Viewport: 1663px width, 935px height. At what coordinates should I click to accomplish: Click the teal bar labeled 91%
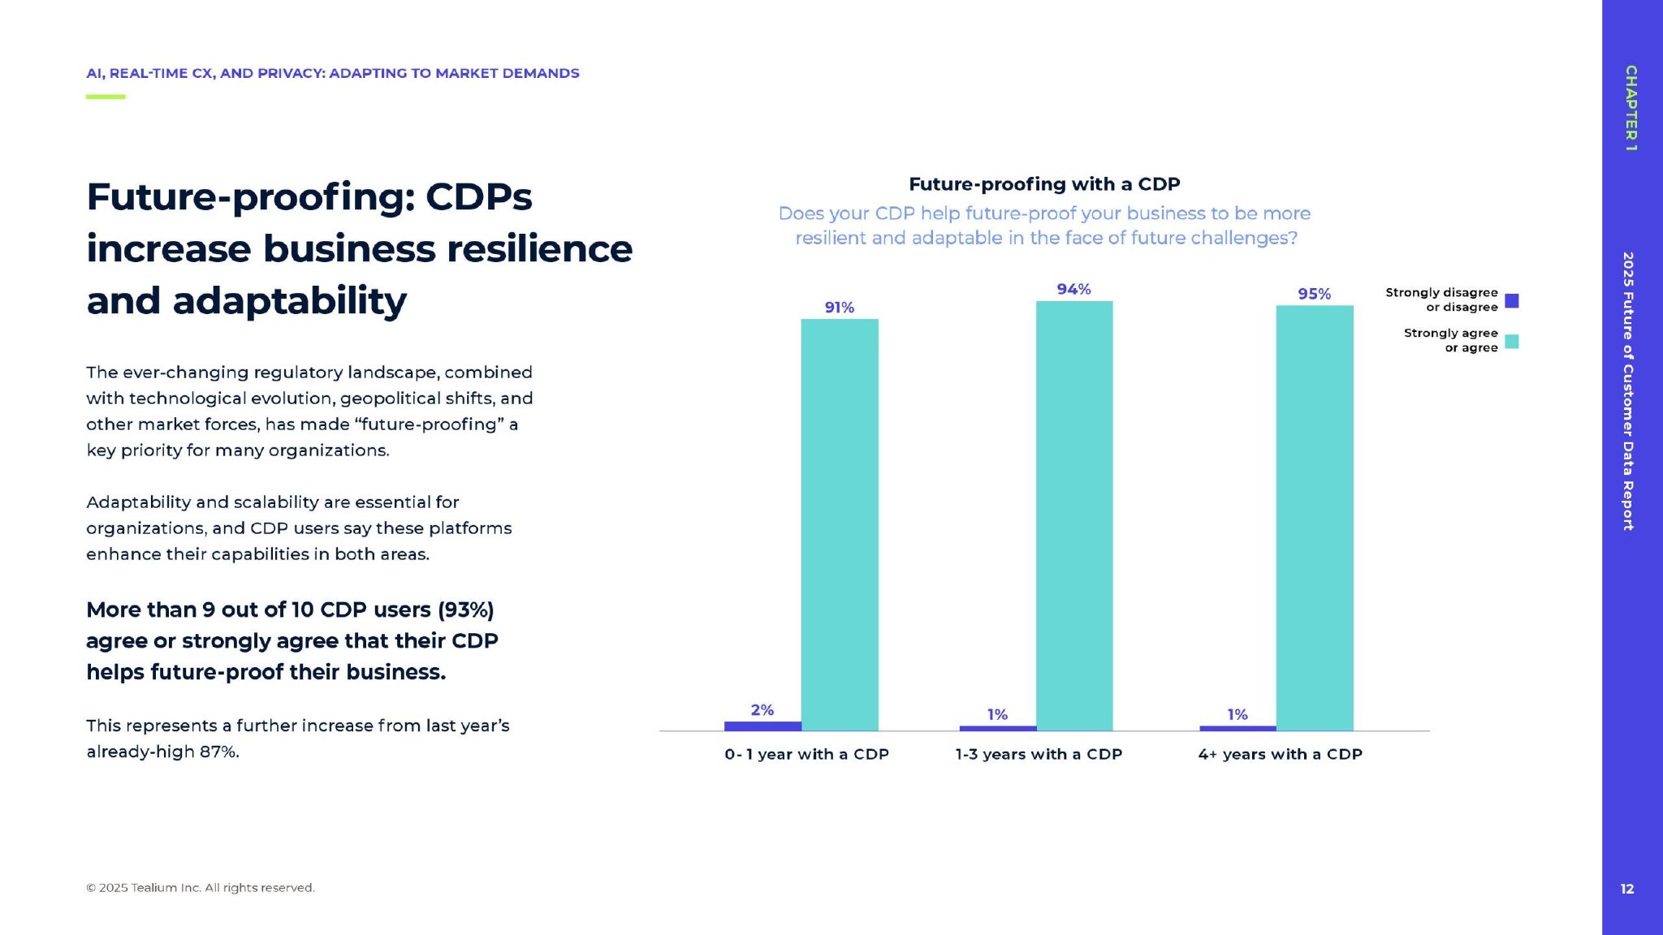[x=840, y=524]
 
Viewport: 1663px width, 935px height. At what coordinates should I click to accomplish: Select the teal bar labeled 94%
[x=1074, y=515]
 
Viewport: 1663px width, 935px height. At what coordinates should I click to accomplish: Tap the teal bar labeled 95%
[x=1315, y=518]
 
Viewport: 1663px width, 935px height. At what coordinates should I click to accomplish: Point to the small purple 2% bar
[x=762, y=726]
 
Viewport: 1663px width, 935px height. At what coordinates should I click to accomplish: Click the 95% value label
[x=1314, y=294]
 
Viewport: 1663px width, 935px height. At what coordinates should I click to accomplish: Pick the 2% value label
[x=762, y=710]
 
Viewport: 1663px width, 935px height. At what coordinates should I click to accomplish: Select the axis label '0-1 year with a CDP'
[x=806, y=754]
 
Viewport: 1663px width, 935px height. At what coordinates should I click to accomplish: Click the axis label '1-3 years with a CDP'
[x=1039, y=754]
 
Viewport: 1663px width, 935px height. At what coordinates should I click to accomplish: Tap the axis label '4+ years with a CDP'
[x=1280, y=754]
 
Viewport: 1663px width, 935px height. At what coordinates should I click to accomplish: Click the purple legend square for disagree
[x=1512, y=300]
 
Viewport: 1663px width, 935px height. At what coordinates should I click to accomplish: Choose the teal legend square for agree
[x=1512, y=341]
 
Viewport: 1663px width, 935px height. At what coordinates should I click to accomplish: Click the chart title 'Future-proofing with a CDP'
[x=1044, y=184]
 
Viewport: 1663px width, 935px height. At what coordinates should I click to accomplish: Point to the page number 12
[x=1627, y=889]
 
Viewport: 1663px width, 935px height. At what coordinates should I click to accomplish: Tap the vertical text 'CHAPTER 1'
[x=1631, y=108]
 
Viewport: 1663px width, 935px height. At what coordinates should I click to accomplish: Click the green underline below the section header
[x=106, y=97]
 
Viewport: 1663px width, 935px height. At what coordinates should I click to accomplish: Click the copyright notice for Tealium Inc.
[x=201, y=888]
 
